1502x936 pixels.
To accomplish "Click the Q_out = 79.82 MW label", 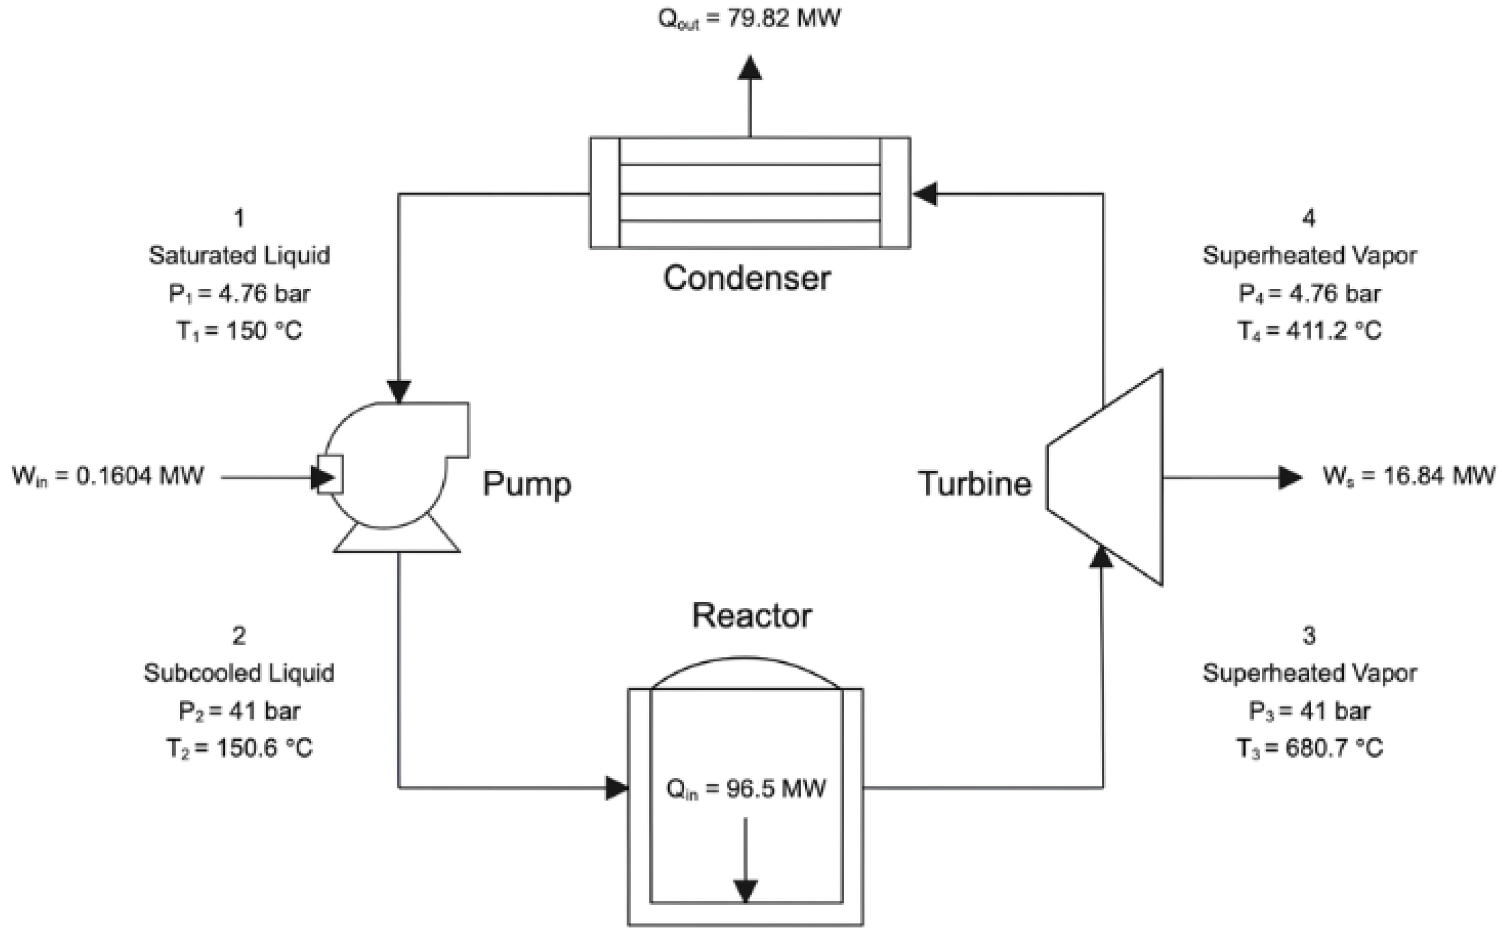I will coord(749,18).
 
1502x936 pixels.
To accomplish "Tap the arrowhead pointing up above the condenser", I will coord(750,68).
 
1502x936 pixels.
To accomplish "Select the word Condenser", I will coord(747,278).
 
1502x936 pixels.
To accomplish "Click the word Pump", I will coord(527,483).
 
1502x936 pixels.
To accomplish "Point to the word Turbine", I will coord(975,483).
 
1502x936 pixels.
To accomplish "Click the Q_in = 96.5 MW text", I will coord(745,789).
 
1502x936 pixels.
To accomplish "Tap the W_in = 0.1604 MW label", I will coord(108,476).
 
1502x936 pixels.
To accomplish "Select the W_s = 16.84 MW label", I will coord(1409,476).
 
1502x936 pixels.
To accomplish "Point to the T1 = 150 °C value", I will coord(239,331).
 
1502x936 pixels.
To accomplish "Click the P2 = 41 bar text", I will coord(239,711).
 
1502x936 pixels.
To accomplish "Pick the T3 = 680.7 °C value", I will coord(1309,748).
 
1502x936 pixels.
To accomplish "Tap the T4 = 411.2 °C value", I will coord(1309,331).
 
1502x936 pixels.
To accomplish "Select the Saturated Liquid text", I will coord(239,255).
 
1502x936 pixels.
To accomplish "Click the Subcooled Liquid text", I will coord(239,673).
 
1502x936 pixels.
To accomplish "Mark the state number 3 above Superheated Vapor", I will coord(1309,636).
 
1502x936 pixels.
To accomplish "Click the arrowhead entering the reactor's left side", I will coord(617,788).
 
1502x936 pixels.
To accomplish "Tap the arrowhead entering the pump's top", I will coord(399,391).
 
